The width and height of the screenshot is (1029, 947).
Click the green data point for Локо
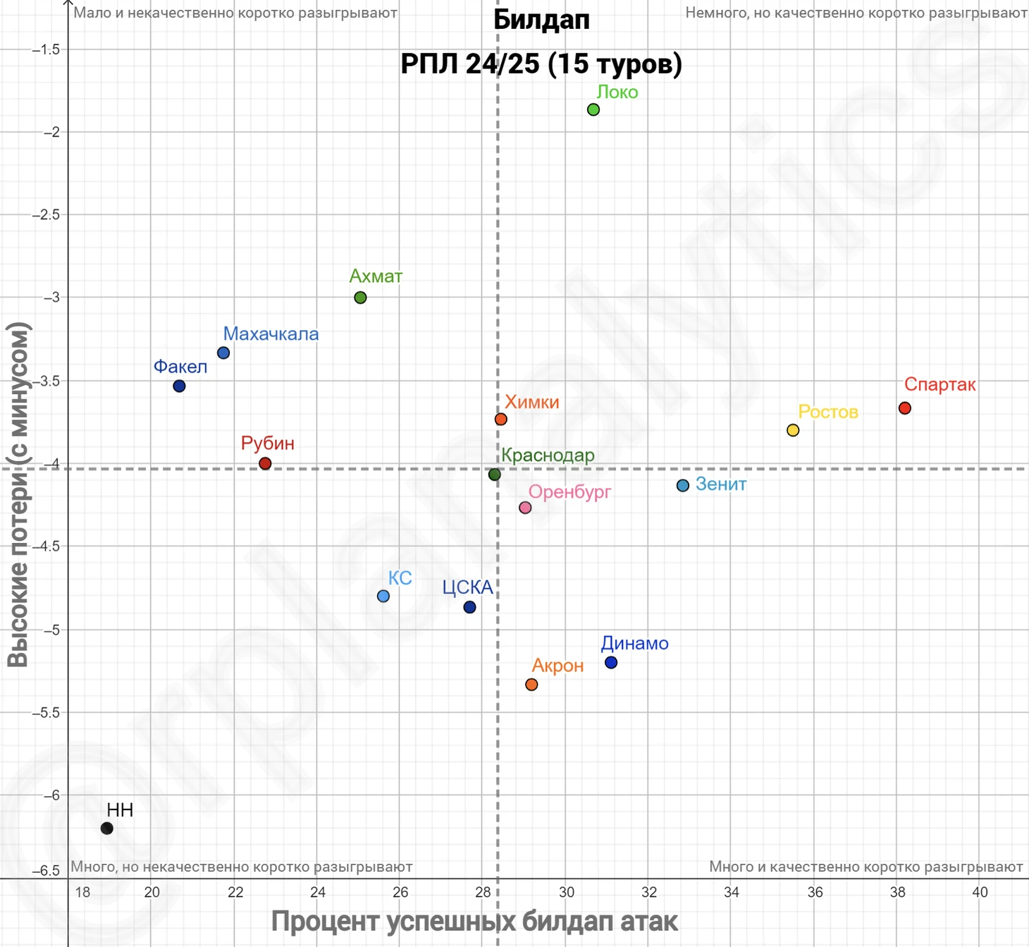[x=593, y=109]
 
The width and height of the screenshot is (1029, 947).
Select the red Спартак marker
[x=905, y=408]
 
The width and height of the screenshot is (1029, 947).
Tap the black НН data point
[x=107, y=829]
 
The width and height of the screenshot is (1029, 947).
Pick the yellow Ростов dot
[x=793, y=430]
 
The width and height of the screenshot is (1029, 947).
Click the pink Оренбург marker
[x=525, y=508]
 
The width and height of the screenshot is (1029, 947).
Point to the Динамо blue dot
[x=611, y=663]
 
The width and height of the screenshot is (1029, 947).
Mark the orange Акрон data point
[x=531, y=685]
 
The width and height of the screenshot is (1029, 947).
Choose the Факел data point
[x=179, y=386]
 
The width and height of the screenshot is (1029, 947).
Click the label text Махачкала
[x=271, y=334]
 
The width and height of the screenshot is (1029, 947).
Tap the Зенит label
[x=720, y=484]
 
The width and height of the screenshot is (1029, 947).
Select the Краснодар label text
[x=548, y=456]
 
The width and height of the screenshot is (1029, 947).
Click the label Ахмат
[x=376, y=276]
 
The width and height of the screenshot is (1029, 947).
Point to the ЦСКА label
[x=467, y=587]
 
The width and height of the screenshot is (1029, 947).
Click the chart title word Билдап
[x=541, y=20]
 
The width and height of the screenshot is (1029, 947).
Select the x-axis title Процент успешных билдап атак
[x=474, y=922]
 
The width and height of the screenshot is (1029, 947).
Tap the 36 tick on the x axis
[x=815, y=893]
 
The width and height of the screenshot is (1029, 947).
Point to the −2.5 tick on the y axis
[x=47, y=214]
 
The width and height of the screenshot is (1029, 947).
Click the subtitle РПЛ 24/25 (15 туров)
[x=541, y=63]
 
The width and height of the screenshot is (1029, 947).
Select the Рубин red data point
[x=265, y=463]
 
